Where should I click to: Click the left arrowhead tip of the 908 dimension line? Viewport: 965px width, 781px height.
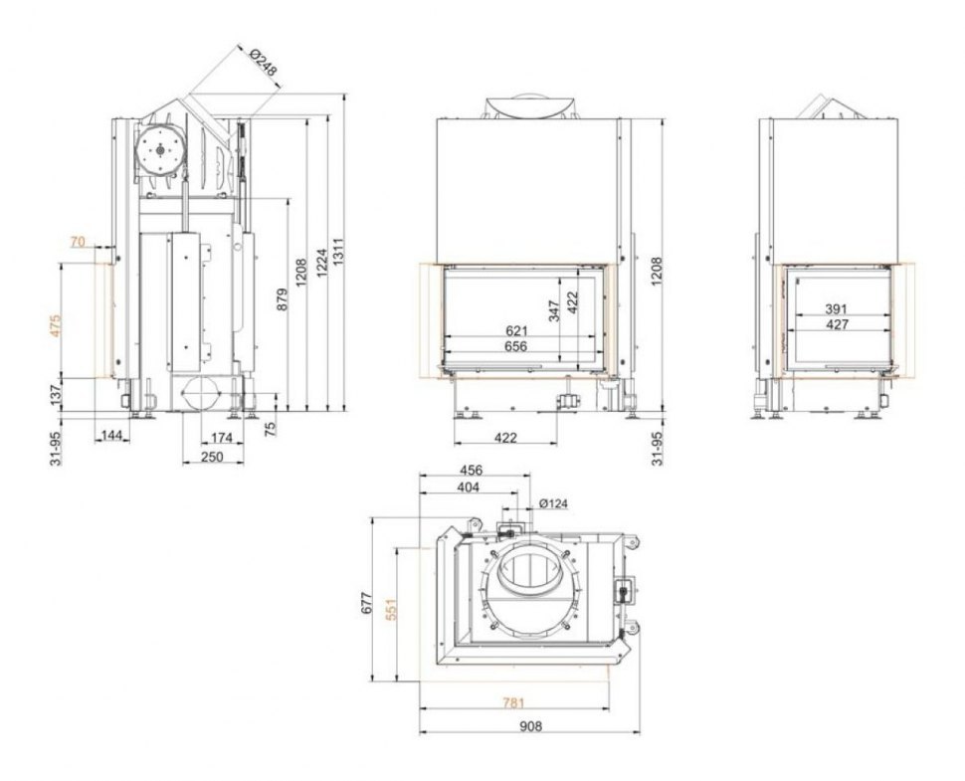(x=419, y=733)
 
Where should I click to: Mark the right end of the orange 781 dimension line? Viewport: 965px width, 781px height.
(x=610, y=709)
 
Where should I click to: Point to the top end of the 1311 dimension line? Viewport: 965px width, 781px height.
(x=343, y=94)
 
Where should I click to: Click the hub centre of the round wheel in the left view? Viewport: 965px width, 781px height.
(x=160, y=150)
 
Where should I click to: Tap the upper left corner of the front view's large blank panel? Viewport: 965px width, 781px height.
(x=437, y=118)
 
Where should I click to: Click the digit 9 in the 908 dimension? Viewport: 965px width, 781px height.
(x=523, y=726)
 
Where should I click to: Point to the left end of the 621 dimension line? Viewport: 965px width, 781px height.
(x=445, y=336)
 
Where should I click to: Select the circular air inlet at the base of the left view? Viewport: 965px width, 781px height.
(x=200, y=392)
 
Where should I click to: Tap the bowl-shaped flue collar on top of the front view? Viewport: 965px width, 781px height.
(x=529, y=107)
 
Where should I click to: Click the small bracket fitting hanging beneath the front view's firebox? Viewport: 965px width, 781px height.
(x=567, y=401)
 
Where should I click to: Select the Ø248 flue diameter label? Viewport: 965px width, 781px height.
(x=263, y=62)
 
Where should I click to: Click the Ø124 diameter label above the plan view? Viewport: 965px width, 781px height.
(x=553, y=504)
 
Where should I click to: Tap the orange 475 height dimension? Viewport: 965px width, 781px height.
(x=56, y=325)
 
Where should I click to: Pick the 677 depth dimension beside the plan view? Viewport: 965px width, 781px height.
(x=365, y=603)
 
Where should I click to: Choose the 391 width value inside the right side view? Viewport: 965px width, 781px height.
(x=837, y=309)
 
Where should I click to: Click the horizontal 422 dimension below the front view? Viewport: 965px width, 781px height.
(x=505, y=438)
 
